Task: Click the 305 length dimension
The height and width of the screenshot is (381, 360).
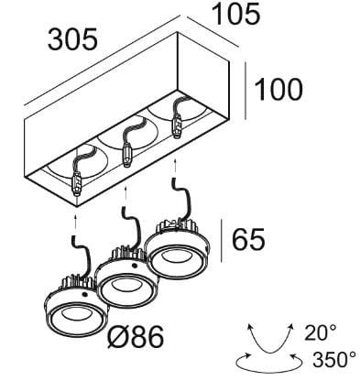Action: coord(72,39)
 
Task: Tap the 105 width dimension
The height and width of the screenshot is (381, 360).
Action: coord(236,14)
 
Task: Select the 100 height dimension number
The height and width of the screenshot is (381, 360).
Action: coord(278,90)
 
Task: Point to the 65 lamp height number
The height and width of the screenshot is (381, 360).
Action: coord(248,239)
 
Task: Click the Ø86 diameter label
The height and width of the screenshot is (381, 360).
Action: coord(136,337)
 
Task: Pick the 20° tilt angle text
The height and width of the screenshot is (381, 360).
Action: coord(321,332)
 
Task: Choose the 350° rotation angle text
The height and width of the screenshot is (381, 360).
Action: coord(334,360)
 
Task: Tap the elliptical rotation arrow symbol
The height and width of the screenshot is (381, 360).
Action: coord(270,363)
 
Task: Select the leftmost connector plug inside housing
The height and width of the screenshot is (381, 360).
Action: coord(77,184)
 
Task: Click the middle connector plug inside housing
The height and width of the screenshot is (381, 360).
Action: coord(126,155)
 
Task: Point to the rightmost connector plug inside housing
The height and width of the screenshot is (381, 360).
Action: coord(176,125)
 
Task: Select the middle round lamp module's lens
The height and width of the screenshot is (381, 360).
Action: coord(126,289)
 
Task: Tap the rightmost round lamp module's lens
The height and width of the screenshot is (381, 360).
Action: coord(177,260)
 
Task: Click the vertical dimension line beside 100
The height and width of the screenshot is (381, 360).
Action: coord(245,91)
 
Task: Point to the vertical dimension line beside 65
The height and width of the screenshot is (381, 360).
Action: coord(222,240)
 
